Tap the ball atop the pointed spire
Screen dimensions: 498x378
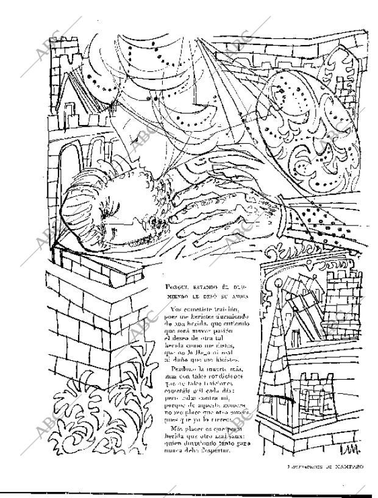(x=279, y=284)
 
